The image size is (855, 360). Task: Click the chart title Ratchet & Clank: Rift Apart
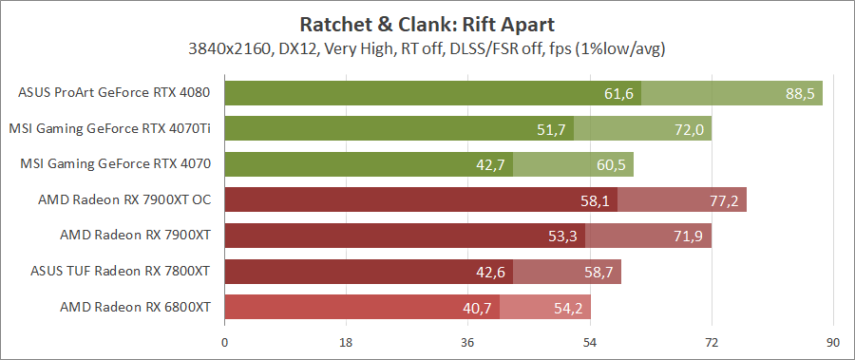point(427,23)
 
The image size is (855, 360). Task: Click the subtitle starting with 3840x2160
point(427,47)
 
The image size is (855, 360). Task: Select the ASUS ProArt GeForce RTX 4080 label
point(114,93)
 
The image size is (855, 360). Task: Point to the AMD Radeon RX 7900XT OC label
point(123,199)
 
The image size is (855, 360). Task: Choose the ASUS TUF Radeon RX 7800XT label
point(120,272)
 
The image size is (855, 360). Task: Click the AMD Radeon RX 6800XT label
point(135,307)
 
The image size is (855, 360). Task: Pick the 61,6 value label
point(618,93)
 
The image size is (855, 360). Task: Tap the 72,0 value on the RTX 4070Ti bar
point(689,129)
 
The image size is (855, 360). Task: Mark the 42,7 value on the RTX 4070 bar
point(490,164)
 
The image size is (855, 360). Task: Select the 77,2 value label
point(724,200)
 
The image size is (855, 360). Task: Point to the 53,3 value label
point(562,236)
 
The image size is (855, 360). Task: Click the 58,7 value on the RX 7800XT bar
point(598,272)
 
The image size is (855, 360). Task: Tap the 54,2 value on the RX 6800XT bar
point(568,308)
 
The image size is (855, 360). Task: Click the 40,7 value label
point(477,308)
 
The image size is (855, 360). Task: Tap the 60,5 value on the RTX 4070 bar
point(611,164)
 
